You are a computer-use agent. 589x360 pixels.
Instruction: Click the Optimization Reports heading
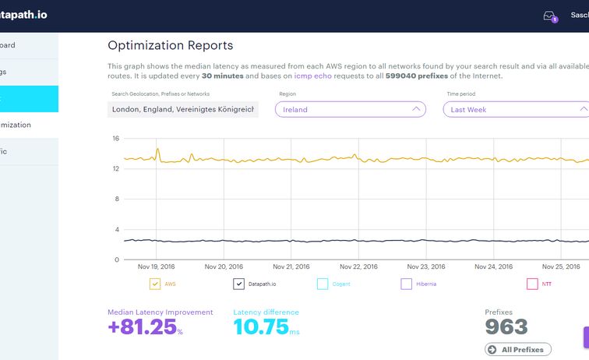coord(170,46)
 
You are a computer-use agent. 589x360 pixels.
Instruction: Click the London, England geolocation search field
coord(183,110)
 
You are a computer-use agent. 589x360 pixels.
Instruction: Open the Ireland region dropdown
coord(350,110)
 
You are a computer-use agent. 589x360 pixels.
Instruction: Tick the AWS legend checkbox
coord(154,284)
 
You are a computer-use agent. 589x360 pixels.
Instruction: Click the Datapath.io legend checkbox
coord(239,284)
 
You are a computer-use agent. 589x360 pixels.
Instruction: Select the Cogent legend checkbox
coord(323,284)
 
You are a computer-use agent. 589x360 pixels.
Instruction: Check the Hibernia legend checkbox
coord(406,284)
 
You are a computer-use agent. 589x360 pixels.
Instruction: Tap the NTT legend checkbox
coord(532,284)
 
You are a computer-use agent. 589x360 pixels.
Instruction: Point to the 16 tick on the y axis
coord(115,139)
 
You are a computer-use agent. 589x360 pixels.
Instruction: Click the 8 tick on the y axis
coord(116,199)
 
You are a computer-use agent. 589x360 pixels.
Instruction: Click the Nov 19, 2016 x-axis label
coord(157,266)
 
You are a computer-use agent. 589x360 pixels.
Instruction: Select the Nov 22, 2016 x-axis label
coord(356,266)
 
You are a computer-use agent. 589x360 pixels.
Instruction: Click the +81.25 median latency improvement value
coord(142,327)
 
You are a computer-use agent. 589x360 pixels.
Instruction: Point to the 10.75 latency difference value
coord(261,327)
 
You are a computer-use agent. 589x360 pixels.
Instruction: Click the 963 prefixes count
coord(506,327)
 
